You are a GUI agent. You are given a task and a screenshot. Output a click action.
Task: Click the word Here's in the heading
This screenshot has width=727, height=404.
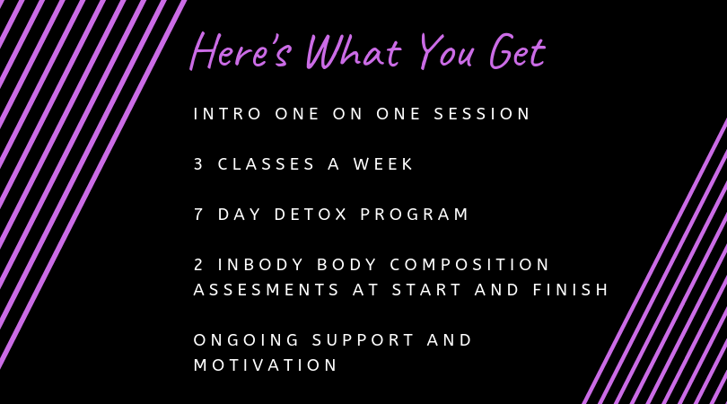coord(241,51)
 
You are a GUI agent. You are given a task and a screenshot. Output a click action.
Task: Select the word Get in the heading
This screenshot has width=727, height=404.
coord(518,51)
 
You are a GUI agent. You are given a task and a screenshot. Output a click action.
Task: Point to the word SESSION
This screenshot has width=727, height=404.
coord(482,114)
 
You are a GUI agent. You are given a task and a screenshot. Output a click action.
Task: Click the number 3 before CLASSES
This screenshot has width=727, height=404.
coord(198,163)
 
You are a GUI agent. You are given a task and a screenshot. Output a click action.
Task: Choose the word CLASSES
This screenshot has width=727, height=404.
coord(267,163)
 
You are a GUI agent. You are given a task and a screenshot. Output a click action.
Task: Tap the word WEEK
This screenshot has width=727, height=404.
coord(383,163)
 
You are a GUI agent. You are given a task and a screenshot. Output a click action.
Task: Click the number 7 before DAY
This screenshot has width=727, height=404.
coord(198,215)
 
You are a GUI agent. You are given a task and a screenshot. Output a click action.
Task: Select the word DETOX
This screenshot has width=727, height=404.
coord(311,215)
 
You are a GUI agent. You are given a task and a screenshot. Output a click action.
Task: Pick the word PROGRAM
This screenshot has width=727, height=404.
coord(415,215)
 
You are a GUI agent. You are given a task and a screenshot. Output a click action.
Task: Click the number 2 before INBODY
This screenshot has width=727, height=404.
coord(198,264)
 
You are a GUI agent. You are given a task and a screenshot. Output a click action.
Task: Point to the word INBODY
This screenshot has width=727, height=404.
coord(260,264)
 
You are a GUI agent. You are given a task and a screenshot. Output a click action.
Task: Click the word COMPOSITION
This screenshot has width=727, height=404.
coord(469,264)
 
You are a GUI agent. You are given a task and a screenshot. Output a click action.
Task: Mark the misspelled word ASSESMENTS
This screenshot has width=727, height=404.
coord(267,289)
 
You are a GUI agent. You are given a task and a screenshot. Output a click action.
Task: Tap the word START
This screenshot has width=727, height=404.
coord(427,289)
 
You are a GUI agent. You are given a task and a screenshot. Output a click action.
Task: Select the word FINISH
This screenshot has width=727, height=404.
coord(570,289)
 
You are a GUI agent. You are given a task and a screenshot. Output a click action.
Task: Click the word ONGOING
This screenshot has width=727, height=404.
coord(246,340)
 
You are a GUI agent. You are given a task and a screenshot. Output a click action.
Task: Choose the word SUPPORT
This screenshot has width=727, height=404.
coord(363,340)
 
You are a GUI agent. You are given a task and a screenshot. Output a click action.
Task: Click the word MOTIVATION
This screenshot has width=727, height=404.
coord(266,365)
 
